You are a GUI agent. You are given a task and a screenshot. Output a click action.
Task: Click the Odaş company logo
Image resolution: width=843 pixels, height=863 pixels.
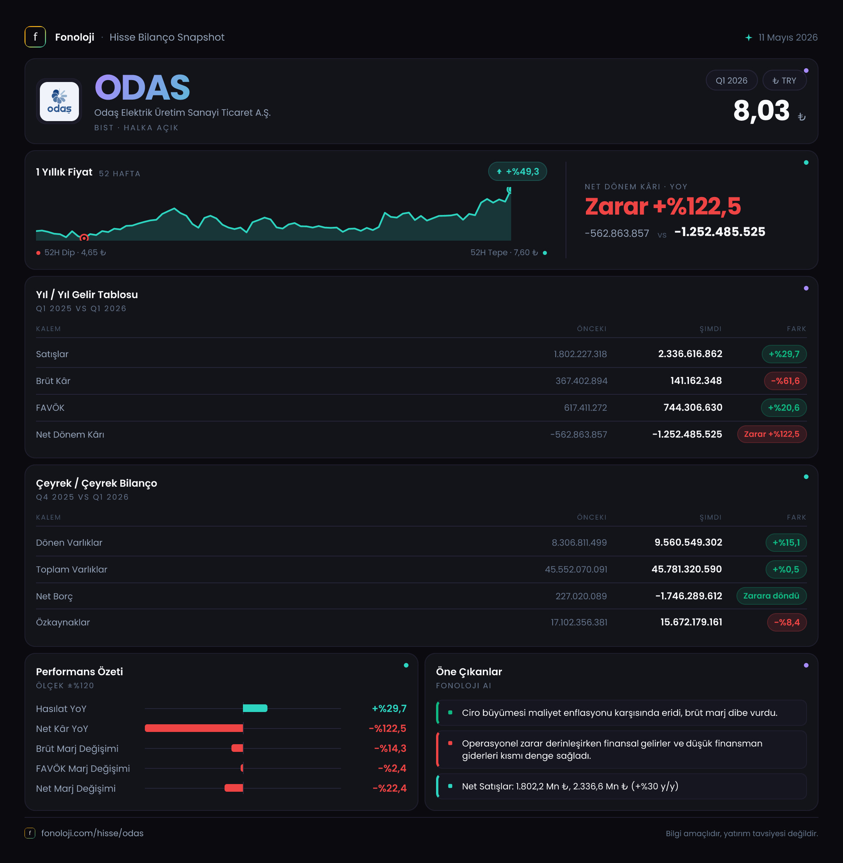point(59,102)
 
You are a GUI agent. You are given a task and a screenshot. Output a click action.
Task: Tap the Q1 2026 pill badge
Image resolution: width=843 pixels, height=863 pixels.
point(731,80)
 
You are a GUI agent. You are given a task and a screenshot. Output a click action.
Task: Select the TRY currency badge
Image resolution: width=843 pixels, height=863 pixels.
point(784,80)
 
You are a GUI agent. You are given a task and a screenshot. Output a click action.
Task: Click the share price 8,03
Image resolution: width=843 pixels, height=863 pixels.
point(761,111)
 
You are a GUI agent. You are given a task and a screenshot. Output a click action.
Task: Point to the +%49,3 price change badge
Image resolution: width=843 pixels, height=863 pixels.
point(517,171)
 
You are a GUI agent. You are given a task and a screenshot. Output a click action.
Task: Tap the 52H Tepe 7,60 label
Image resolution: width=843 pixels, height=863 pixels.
point(504,253)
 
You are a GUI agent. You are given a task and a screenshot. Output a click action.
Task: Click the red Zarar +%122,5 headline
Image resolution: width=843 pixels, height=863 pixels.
point(663,206)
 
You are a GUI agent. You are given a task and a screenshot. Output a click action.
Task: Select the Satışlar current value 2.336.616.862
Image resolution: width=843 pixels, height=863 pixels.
point(690,354)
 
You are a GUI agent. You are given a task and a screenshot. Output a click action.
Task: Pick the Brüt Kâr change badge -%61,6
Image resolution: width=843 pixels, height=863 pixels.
point(785,381)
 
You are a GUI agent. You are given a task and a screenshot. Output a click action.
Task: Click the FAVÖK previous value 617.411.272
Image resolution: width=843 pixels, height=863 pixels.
point(586,408)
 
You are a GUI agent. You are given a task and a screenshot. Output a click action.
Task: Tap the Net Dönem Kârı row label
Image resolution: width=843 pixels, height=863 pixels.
point(70,435)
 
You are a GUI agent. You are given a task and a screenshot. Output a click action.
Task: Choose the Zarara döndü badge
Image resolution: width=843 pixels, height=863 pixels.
point(771,596)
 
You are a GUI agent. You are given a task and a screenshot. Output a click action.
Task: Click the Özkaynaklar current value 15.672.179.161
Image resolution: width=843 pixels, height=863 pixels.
point(691,622)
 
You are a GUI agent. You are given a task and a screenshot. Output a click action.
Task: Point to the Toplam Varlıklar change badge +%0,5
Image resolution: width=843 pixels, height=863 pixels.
point(786,569)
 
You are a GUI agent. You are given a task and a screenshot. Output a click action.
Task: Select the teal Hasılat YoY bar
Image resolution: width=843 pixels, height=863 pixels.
point(255,709)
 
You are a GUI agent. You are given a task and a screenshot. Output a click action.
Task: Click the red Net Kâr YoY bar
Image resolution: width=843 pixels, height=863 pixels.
point(194,728)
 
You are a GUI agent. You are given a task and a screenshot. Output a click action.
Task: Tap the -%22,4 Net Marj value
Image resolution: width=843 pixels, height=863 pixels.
point(389,788)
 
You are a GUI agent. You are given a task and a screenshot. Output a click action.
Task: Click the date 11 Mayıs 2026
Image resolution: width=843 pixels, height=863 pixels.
point(788,38)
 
